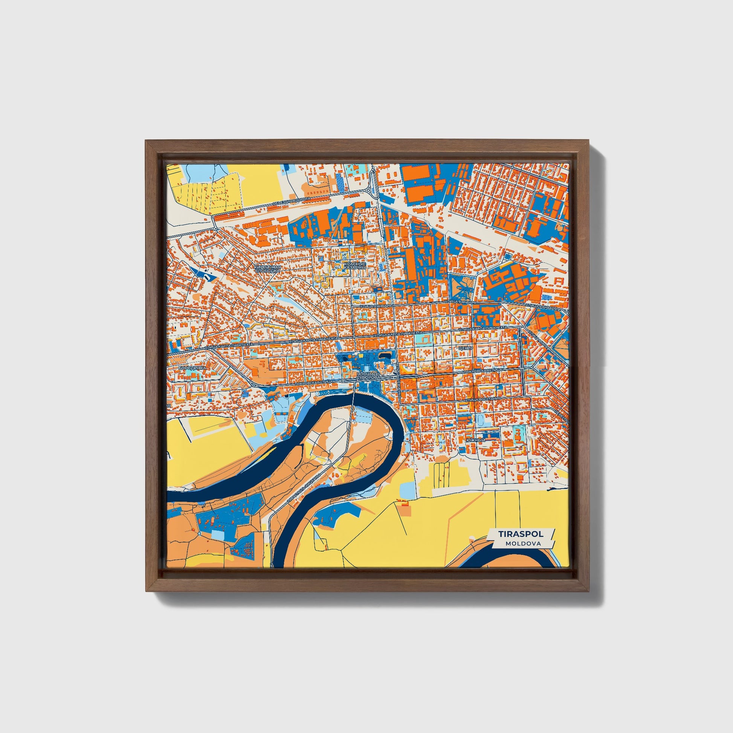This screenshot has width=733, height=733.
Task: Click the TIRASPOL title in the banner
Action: click(521, 534)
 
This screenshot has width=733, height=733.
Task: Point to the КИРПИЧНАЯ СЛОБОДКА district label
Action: click(268, 269)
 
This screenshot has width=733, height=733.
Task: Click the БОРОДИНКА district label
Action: click(192, 368)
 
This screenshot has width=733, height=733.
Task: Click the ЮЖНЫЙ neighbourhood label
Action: click(476, 440)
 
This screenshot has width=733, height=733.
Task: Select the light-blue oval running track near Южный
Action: click(481, 420)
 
